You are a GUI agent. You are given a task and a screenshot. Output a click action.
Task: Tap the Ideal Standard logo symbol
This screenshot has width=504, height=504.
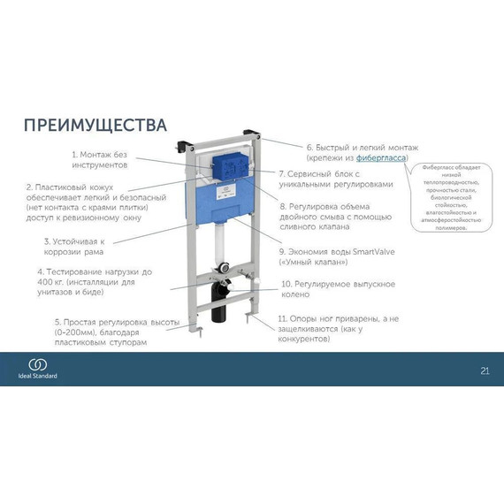(x=40, y=363)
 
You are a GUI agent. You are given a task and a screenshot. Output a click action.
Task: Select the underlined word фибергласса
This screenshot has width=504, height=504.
(x=381, y=157)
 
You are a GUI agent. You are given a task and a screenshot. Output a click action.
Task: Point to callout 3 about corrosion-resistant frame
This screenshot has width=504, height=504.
(x=75, y=246)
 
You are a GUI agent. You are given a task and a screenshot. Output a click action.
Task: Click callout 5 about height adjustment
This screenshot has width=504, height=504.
(x=100, y=332)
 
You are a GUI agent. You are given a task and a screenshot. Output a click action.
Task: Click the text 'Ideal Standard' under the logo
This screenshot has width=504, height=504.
(x=40, y=376)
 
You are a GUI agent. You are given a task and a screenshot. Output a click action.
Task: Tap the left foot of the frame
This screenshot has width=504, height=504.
(x=195, y=332)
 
